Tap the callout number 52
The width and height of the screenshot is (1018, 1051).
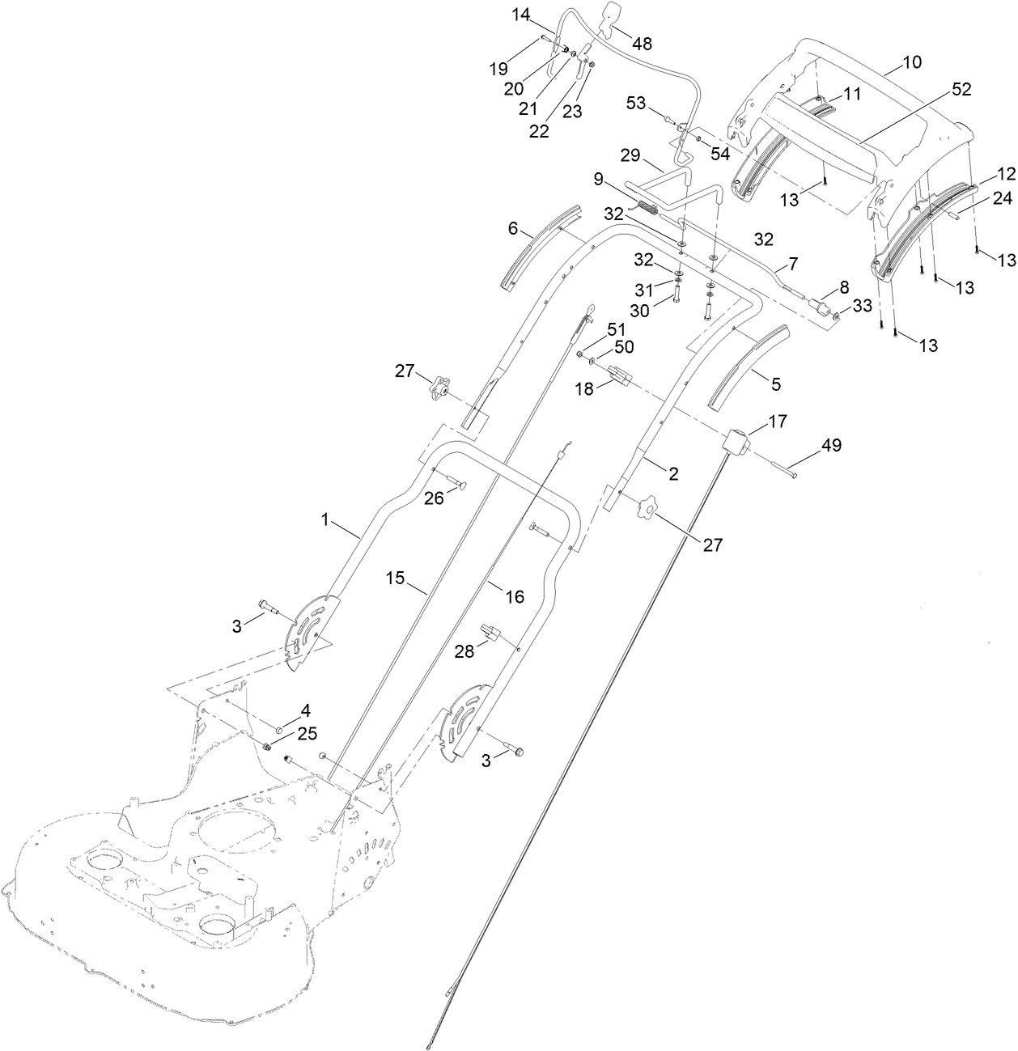pos(961,90)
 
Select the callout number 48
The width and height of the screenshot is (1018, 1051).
pos(642,44)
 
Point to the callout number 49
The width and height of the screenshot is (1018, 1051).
pos(831,445)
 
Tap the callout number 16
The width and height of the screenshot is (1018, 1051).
pos(515,597)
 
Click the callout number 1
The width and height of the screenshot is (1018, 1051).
pos(326,521)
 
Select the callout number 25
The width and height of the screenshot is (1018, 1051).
pos(307,733)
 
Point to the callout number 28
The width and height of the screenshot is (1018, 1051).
pos(464,651)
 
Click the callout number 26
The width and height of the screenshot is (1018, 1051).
pos(435,498)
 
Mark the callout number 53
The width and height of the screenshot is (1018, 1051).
pos(635,103)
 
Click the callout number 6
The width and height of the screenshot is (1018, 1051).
pos(513,229)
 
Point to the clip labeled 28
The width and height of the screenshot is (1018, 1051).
pos(490,630)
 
